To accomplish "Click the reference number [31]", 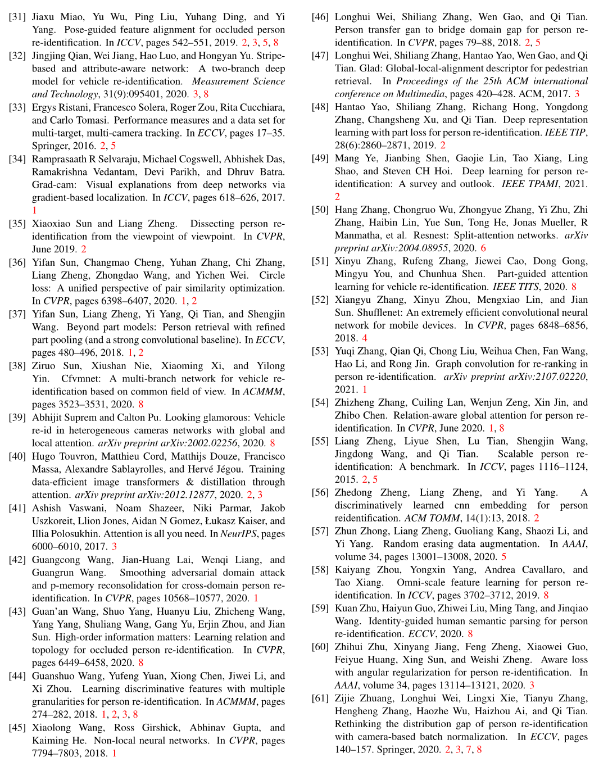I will click(17, 17).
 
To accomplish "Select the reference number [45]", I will click(17, 728).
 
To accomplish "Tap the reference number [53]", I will click(320, 351).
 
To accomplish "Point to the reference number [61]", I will click(320, 699).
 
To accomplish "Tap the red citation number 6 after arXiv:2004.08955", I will click(483, 248).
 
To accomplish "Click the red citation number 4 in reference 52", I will click(365, 338).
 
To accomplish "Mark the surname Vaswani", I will click(85, 508).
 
